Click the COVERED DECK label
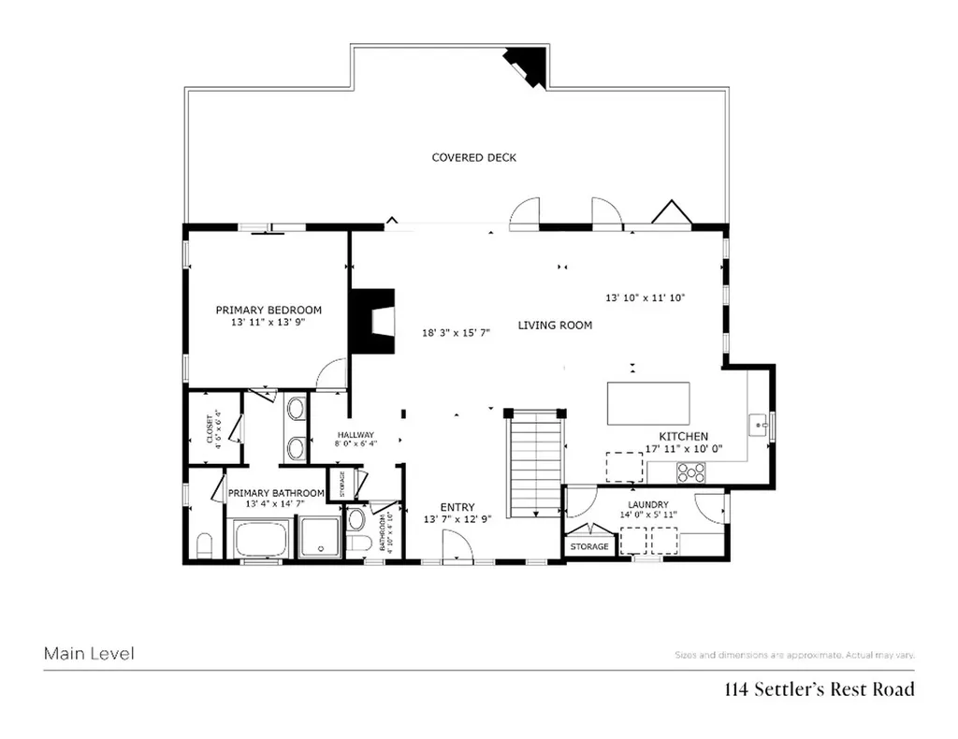click(x=473, y=157)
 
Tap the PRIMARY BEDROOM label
click(x=269, y=310)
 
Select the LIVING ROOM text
click(x=555, y=326)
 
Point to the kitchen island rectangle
click(x=650, y=403)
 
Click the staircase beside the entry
click(x=534, y=466)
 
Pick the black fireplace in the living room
click(x=370, y=321)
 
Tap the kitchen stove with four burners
click(x=690, y=472)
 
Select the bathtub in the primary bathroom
click(x=263, y=540)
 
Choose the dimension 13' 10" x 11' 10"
click(x=646, y=297)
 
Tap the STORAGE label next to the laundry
click(x=589, y=546)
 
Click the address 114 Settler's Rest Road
click(x=819, y=690)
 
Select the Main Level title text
click(x=89, y=654)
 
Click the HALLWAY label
click(x=356, y=435)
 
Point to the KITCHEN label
click(x=683, y=436)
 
